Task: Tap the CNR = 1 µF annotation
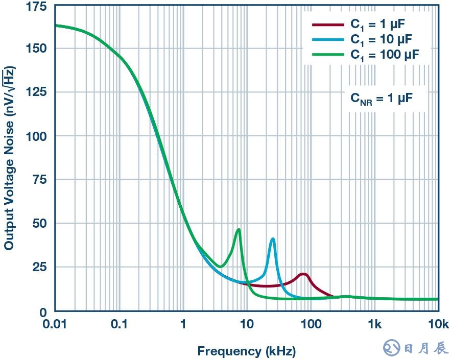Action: pyautogui.click(x=382, y=98)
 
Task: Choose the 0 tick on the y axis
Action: pyautogui.click(x=43, y=311)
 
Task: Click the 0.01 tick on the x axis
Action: pyautogui.click(x=55, y=324)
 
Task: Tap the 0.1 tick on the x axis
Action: pyautogui.click(x=119, y=324)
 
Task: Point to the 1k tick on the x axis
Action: pyautogui.click(x=375, y=324)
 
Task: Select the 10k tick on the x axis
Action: pyautogui.click(x=438, y=324)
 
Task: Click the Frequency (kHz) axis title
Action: pyautogui.click(x=247, y=351)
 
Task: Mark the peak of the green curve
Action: pyautogui.click(x=239, y=230)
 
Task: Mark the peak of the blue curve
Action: pyautogui.click(x=273, y=239)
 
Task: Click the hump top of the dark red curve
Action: pyautogui.click(x=304, y=274)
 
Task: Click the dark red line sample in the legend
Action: pyautogui.click(x=328, y=25)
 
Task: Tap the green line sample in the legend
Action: pyautogui.click(x=328, y=54)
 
